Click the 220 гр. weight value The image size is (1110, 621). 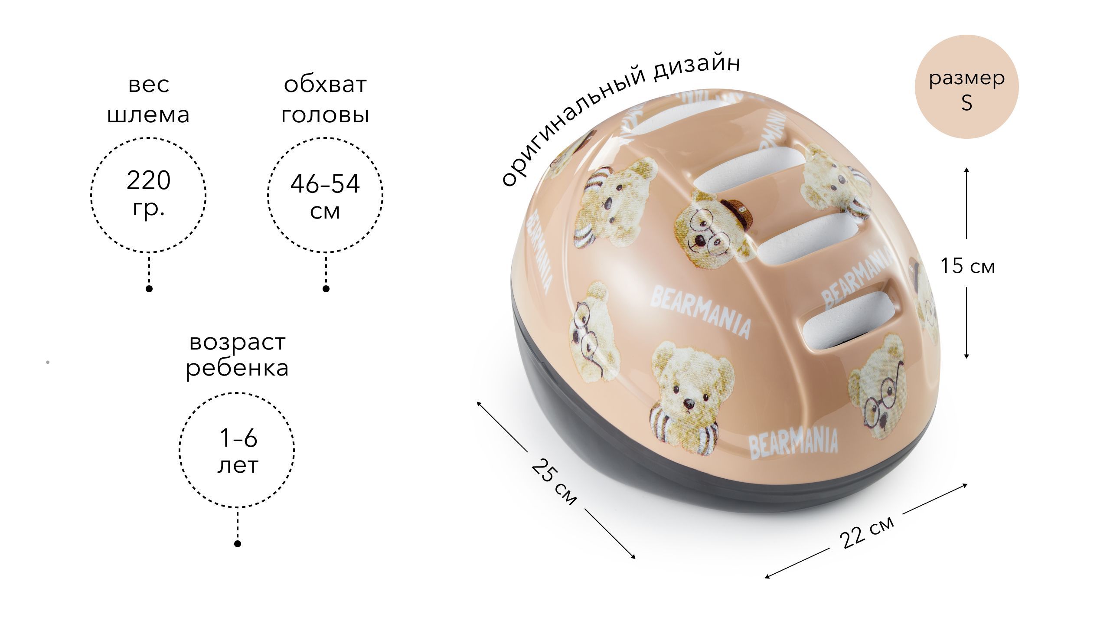(x=148, y=194)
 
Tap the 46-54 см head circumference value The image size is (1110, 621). (x=325, y=196)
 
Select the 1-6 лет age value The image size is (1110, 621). (x=238, y=451)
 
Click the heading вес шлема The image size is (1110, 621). (x=148, y=100)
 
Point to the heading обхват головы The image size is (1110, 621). (x=325, y=100)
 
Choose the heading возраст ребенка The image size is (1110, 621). (x=237, y=355)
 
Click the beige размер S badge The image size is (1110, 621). (x=966, y=92)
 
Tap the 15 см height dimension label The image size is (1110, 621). (x=967, y=265)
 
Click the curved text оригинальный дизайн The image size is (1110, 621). (x=616, y=117)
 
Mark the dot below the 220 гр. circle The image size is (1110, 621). (x=149, y=289)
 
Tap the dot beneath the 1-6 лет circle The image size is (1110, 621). (x=238, y=543)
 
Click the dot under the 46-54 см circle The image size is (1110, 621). (x=326, y=289)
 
